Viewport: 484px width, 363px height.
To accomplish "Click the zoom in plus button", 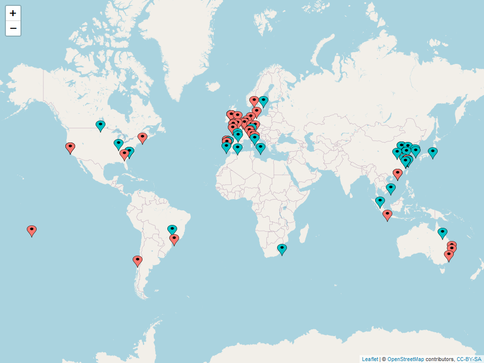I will click(13, 13).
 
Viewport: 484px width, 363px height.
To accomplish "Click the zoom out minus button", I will click(13, 29).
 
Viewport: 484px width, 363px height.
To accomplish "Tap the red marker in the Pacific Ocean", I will click(32, 230).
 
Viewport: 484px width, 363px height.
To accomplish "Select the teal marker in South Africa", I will click(282, 249).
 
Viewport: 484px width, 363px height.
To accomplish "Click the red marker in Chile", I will click(138, 260).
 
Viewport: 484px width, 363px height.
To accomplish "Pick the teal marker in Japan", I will click(432, 152).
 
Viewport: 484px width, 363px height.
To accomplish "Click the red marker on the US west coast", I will click(70, 147).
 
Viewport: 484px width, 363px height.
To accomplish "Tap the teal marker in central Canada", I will click(101, 125).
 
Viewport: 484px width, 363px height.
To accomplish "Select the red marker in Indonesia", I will click(387, 214).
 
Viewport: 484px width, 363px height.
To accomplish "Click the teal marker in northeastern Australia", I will click(442, 232).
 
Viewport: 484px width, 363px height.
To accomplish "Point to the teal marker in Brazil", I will click(172, 229).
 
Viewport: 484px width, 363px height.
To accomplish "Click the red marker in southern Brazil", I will click(174, 239).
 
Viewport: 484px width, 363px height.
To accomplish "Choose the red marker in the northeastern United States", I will click(142, 137).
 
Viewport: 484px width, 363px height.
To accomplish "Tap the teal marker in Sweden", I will click(263, 101).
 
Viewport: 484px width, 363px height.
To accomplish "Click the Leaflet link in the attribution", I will click(370, 359).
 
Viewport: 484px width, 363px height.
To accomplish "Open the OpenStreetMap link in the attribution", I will click(405, 359).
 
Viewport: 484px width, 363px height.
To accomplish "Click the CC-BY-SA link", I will click(469, 359).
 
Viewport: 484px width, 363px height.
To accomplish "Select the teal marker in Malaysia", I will click(380, 201).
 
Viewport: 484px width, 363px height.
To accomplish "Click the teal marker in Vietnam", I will click(391, 188).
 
